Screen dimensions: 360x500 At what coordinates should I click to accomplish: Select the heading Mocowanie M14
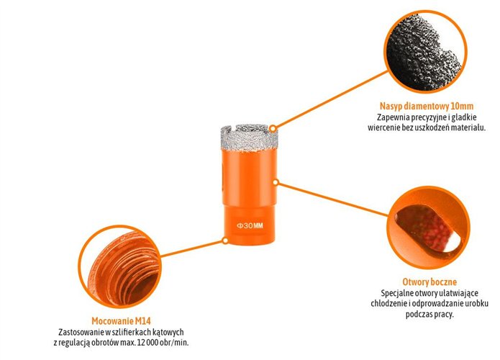coord(121,320)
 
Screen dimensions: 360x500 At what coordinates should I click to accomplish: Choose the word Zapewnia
coord(393,117)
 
